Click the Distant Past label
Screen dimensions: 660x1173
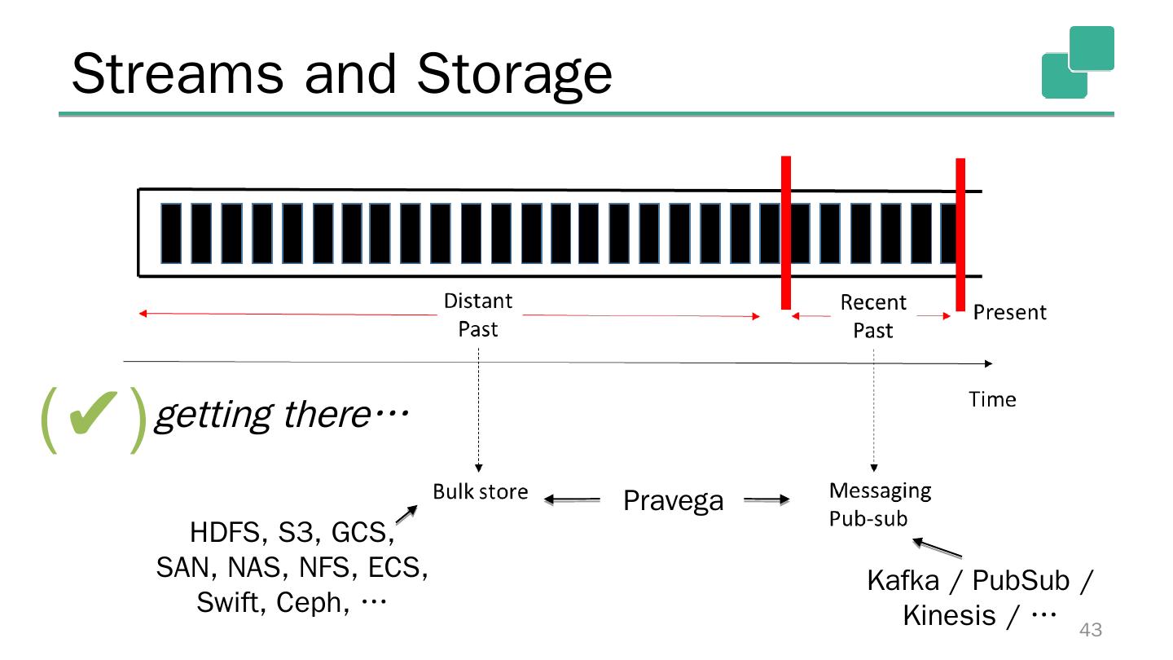pyautogui.click(x=478, y=315)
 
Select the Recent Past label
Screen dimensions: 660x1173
pyautogui.click(x=873, y=316)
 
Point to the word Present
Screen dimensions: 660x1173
pyautogui.click(x=1010, y=313)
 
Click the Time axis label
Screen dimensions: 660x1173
pyautogui.click(x=992, y=399)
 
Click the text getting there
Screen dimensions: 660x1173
pyautogui.click(x=280, y=416)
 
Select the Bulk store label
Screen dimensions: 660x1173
pyautogui.click(x=480, y=491)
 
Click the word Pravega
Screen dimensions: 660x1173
pyautogui.click(x=673, y=500)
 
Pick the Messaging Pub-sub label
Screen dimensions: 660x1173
pyautogui.click(x=879, y=504)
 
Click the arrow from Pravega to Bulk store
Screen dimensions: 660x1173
pyautogui.click(x=572, y=500)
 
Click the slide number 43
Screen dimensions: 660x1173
pyautogui.click(x=1090, y=629)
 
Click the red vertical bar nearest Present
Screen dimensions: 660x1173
pyautogui.click(x=960, y=234)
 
